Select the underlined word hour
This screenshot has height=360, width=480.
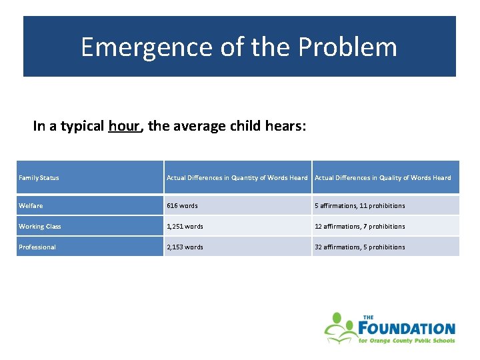coord(125,126)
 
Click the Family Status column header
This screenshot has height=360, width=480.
coord(39,178)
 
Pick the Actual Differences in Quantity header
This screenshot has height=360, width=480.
coord(237,178)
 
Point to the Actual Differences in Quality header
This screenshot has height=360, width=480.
coord(383,178)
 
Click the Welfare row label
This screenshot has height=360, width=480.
coord(31,206)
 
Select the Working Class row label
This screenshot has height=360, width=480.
coord(40,227)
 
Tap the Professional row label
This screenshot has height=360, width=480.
coord(37,247)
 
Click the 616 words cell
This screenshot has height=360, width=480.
coord(182,206)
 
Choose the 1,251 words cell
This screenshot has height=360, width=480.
coord(185,227)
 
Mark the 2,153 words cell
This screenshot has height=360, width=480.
coord(185,247)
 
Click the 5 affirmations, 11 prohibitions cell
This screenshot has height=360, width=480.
coord(359,206)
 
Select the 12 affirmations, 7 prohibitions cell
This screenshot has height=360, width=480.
coord(359,227)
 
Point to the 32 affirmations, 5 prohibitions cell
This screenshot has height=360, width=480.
coord(359,247)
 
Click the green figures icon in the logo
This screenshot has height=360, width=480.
coord(340,327)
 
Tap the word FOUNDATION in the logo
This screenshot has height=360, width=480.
coord(407,329)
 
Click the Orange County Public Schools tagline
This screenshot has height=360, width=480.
coord(407,341)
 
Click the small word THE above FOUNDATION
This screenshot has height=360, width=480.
coord(368,317)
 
